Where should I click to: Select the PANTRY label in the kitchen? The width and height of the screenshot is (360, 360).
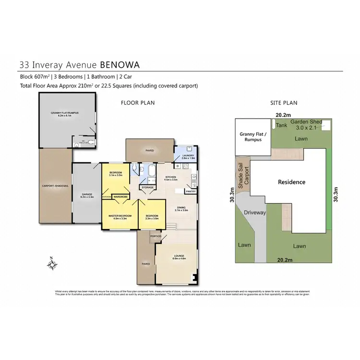point(191,191)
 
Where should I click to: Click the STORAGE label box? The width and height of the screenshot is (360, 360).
point(147,187)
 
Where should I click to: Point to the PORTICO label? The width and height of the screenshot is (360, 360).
point(156,236)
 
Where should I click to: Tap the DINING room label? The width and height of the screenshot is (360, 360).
point(181,208)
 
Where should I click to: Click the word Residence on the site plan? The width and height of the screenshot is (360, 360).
point(292,182)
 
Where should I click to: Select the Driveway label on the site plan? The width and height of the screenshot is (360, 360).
point(254,212)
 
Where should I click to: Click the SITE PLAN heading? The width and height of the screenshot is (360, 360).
point(284,103)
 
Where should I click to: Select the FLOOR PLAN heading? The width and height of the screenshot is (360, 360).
point(137,103)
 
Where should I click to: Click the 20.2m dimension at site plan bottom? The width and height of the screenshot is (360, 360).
point(284,259)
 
